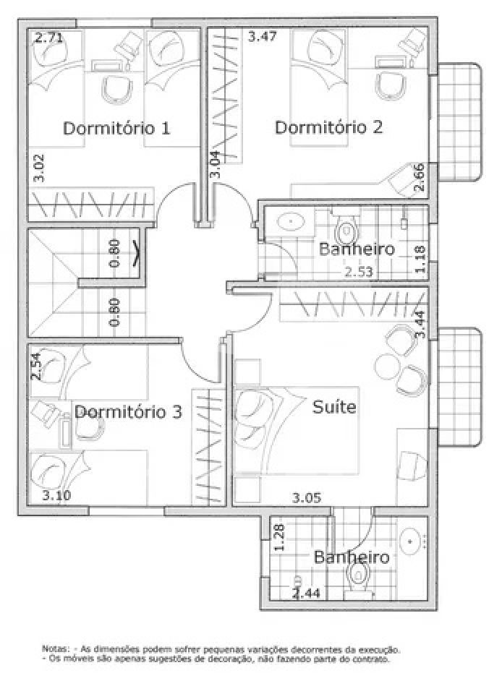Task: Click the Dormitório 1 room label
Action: [116, 129]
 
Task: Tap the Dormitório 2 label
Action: [328, 127]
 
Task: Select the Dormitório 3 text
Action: [128, 412]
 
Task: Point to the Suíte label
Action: [334, 407]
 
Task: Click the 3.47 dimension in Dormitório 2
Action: [263, 36]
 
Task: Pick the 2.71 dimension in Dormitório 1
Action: [48, 38]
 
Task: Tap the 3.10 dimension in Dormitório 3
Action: [56, 495]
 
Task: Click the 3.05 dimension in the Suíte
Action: [307, 498]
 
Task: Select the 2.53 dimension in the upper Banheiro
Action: [359, 272]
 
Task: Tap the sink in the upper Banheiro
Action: [290, 220]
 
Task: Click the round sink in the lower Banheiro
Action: [412, 541]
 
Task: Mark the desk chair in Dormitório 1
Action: [117, 88]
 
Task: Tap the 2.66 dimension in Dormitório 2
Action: [420, 178]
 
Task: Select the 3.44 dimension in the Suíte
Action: [420, 325]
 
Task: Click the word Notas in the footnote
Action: [55, 649]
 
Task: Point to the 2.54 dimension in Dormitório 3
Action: [35, 366]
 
